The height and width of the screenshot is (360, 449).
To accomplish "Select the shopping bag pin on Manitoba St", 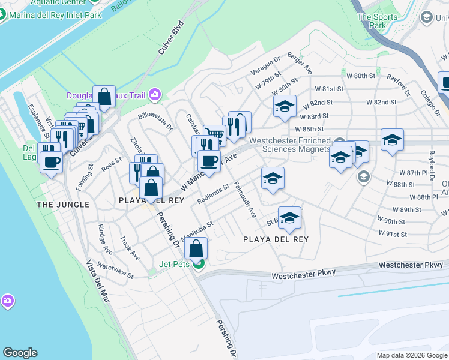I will click(x=196, y=248).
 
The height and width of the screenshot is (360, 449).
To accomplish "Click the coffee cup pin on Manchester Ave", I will click(x=209, y=161).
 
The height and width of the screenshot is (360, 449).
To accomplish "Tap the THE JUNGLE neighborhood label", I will click(x=63, y=205).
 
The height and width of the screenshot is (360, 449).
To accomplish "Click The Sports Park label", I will click(x=378, y=21).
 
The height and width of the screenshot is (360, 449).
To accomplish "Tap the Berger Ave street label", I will click(x=300, y=62).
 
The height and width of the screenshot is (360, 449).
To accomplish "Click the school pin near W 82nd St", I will click(x=285, y=107).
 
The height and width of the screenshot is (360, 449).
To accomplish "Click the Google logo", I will click(x=20, y=353).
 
